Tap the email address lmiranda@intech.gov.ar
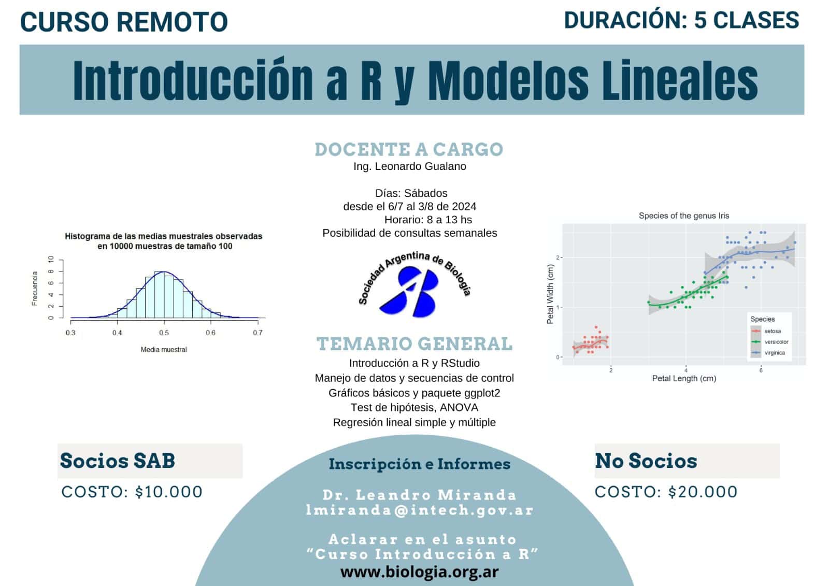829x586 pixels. pyautogui.click(x=420, y=510)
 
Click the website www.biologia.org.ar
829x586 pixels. pyautogui.click(x=420, y=572)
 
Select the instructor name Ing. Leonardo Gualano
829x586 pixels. pyautogui.click(x=410, y=166)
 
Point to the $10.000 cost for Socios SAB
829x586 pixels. pyautogui.click(x=169, y=492)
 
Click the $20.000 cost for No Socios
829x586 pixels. pyautogui.click(x=703, y=492)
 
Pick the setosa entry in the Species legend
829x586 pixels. pyautogui.click(x=772, y=331)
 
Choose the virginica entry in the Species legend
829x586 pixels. pyautogui.click(x=774, y=353)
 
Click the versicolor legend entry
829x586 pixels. pyautogui.click(x=776, y=342)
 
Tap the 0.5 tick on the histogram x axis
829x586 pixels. pyautogui.click(x=164, y=333)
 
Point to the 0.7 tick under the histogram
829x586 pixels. pyautogui.click(x=258, y=333)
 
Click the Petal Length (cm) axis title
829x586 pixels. pyautogui.click(x=684, y=379)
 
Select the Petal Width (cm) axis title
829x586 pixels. pyautogui.click(x=550, y=294)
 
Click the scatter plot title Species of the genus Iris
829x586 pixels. pyautogui.click(x=684, y=216)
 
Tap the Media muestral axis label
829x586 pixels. pyautogui.click(x=164, y=350)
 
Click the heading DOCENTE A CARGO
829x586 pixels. pyautogui.click(x=409, y=149)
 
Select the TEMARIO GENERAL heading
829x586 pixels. pyautogui.click(x=414, y=344)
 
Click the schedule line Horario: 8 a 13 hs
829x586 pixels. pyautogui.click(x=428, y=220)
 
